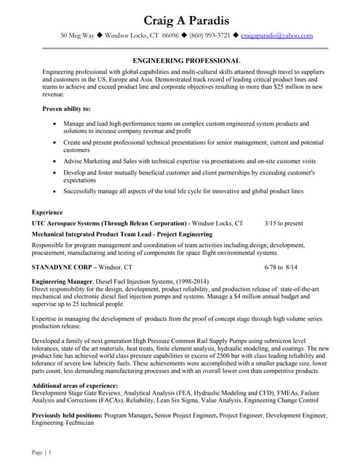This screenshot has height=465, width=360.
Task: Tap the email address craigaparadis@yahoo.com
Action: pos(276,35)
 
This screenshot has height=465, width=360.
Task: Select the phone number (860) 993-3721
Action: pos(210,35)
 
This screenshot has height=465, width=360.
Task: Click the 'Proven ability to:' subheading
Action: pos(67,109)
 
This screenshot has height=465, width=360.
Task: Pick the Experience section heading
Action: pos(47,212)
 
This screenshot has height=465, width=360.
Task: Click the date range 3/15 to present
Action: pos(284,223)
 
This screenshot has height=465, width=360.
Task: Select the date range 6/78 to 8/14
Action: pos(281,267)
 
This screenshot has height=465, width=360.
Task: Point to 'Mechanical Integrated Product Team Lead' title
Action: pos(100,235)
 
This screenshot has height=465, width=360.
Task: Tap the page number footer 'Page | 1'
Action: pos(41,453)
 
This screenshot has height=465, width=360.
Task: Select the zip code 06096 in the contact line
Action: pos(171,35)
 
